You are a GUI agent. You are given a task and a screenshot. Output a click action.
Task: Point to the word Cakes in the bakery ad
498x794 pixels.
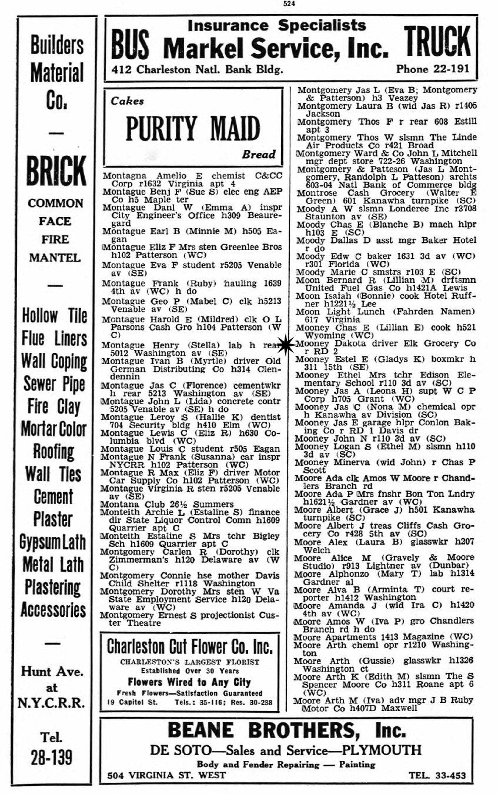pos(127,101)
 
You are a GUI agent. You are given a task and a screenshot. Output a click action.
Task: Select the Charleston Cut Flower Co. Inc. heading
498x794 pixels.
pos(189,648)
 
